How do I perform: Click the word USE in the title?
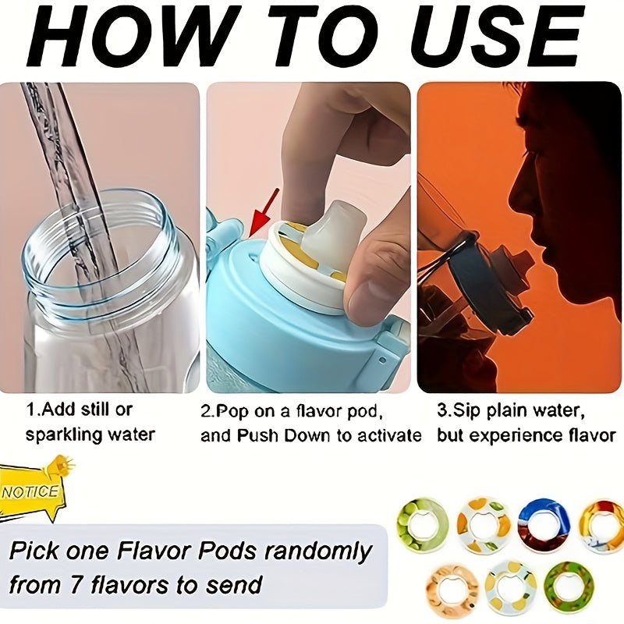click(x=495, y=36)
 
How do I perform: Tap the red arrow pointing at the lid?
click(x=264, y=214)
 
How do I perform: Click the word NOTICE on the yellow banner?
click(x=30, y=492)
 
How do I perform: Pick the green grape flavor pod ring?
click(x=423, y=525)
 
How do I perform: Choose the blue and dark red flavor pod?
click(x=544, y=525)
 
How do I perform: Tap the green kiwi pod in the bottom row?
click(x=569, y=585)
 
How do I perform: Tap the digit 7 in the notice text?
click(x=75, y=585)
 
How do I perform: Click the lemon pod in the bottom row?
click(x=511, y=587)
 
